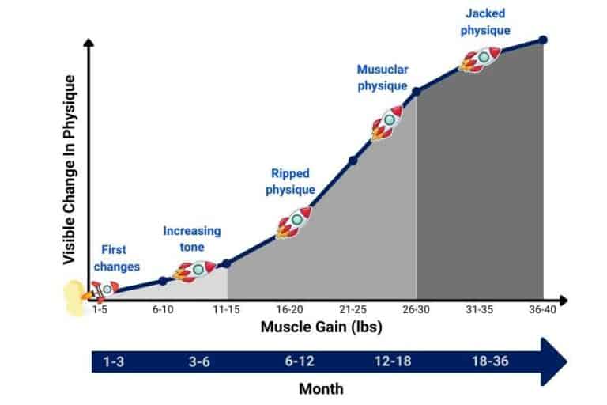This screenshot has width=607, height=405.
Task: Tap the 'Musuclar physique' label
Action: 382,78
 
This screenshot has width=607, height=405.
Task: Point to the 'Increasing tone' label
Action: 192,239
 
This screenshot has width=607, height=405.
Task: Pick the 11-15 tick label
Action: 226,311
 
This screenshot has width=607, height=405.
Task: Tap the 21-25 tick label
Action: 353,311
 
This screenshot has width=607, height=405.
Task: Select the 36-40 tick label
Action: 542,311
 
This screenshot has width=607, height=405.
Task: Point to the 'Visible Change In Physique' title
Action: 70,170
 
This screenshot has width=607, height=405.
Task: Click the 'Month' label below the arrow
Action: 321,389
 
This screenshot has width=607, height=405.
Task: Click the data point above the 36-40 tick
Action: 543,40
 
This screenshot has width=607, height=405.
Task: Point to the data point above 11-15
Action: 226,263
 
